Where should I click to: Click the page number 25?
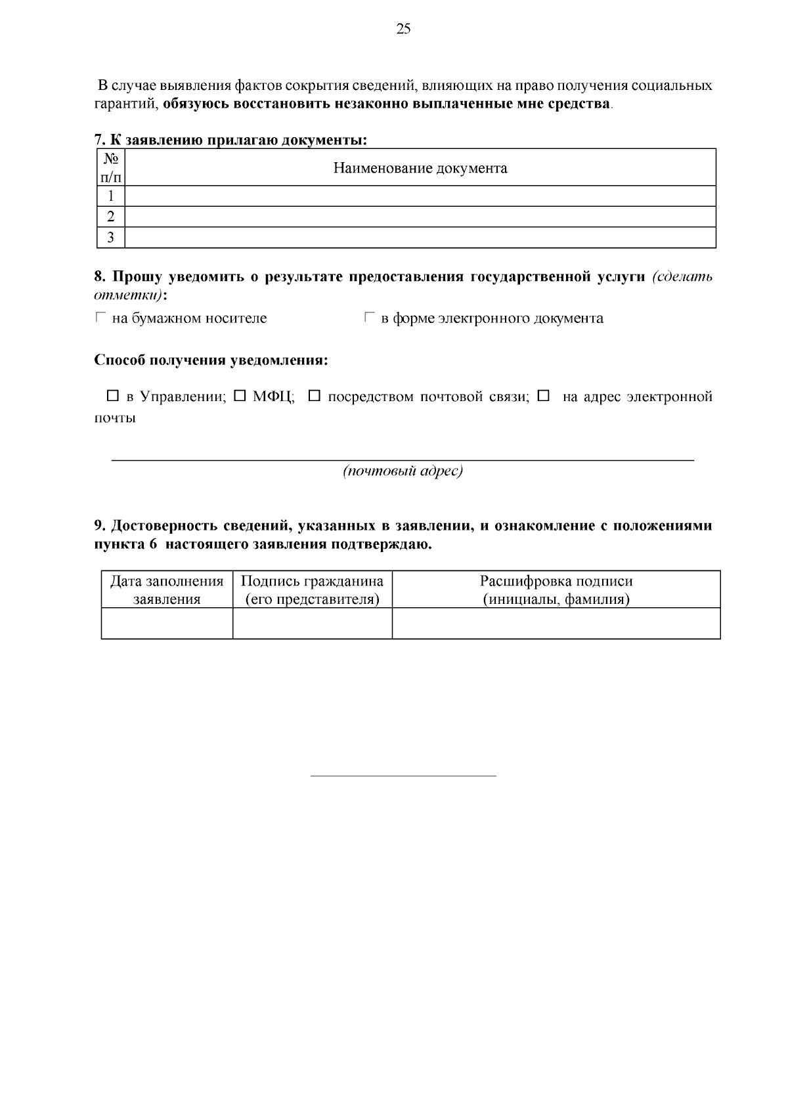point(403,28)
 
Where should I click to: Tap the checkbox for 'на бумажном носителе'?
point(100,318)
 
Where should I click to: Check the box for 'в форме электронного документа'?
point(369,318)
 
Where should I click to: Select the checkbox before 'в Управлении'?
point(112,396)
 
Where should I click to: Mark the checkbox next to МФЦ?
point(240,396)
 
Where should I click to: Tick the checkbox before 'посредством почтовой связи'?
point(314,396)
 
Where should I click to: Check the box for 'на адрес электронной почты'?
point(543,396)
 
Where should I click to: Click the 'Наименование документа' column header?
point(420,168)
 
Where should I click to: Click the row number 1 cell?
point(111,196)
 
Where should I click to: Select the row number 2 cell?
point(111,217)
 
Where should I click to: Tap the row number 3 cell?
point(111,238)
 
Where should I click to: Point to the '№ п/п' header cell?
point(111,167)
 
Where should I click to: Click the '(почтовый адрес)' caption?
point(403,471)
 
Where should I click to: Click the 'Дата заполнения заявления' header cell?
point(167,589)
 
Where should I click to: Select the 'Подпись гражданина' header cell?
point(312,589)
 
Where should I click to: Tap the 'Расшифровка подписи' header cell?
point(556,589)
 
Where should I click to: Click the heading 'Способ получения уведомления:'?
point(211,360)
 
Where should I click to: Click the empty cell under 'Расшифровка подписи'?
point(556,623)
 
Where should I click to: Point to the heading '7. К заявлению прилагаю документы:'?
point(230,140)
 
